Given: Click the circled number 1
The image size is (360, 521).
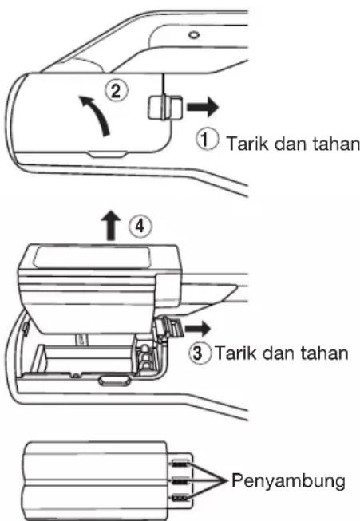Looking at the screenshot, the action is pyautogui.click(x=206, y=140).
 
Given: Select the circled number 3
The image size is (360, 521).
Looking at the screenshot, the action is pyautogui.click(x=199, y=353).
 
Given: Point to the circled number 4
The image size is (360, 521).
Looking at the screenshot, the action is pyautogui.click(x=140, y=226).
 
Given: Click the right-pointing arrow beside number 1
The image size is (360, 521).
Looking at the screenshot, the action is pyautogui.click(x=203, y=107).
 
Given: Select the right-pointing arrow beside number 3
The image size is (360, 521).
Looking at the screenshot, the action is pyautogui.click(x=197, y=329).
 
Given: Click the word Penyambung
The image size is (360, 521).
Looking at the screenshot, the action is pyautogui.click(x=288, y=482).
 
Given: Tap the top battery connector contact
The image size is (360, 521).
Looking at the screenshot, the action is pyautogui.click(x=180, y=464).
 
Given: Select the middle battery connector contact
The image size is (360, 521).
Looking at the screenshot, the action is pyautogui.click(x=180, y=480).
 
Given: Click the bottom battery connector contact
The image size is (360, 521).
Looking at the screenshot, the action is pyautogui.click(x=180, y=498).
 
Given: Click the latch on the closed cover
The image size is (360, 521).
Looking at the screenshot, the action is pyautogui.click(x=165, y=108).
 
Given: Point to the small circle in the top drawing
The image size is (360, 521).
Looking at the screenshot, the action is pyautogui.click(x=194, y=34).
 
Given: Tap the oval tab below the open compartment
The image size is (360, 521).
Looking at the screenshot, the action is pyautogui.click(x=113, y=381).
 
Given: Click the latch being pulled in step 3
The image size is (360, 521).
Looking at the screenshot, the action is pyautogui.click(x=169, y=330).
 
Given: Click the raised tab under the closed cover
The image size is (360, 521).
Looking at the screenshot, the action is pyautogui.click(x=108, y=154).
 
